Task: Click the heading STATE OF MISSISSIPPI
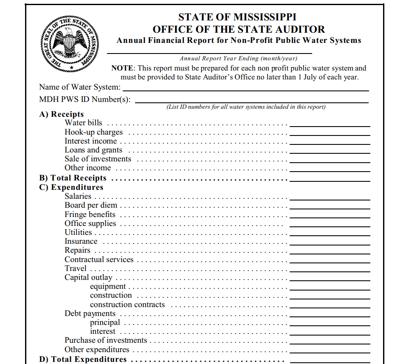pos(237,17)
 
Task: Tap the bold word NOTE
pos(123,68)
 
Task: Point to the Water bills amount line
pos(330,126)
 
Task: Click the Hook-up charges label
pos(93,132)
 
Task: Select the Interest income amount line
pos(330,144)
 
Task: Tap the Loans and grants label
pos(93,150)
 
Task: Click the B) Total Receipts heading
pos(73,178)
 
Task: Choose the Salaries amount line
pos(330,198)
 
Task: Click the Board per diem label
pos(91,205)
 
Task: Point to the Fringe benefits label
pos(90,214)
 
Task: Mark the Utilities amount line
pos(330,234)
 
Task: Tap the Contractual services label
pos(99,260)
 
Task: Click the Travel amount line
pos(330,271)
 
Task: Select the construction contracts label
pos(127,305)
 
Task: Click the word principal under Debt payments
pos(105,322)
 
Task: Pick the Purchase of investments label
pos(106,340)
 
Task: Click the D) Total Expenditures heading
pos(83,359)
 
